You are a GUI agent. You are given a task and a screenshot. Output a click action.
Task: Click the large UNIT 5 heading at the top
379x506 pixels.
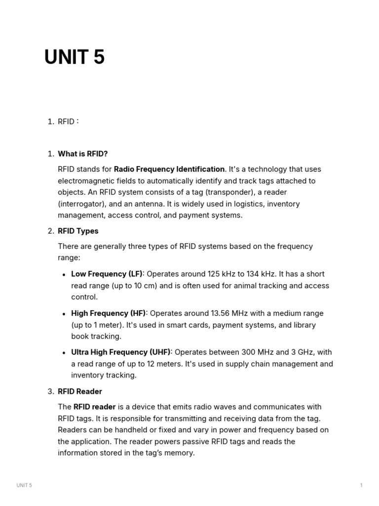75,58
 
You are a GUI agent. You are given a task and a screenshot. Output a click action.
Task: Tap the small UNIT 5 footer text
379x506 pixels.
24,485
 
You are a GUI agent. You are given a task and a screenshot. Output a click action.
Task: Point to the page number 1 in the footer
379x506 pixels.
361,485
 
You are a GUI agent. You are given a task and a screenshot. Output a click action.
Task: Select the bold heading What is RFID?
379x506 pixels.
83,154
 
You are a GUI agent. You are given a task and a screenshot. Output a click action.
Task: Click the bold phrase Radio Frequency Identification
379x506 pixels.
169,169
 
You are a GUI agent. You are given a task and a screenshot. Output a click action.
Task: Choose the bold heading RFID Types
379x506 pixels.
78,231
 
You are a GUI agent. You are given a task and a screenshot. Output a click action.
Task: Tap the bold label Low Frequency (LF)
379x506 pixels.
107,274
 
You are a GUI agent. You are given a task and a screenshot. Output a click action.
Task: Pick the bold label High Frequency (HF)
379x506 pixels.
109,313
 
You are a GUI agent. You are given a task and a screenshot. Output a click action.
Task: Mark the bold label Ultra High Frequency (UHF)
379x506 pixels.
121,352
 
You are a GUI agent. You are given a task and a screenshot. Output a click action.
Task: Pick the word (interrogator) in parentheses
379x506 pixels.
81,204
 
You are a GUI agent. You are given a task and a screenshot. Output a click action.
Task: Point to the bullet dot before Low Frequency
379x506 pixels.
64,275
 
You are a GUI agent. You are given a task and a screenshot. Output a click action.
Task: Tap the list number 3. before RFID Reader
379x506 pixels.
50,391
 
